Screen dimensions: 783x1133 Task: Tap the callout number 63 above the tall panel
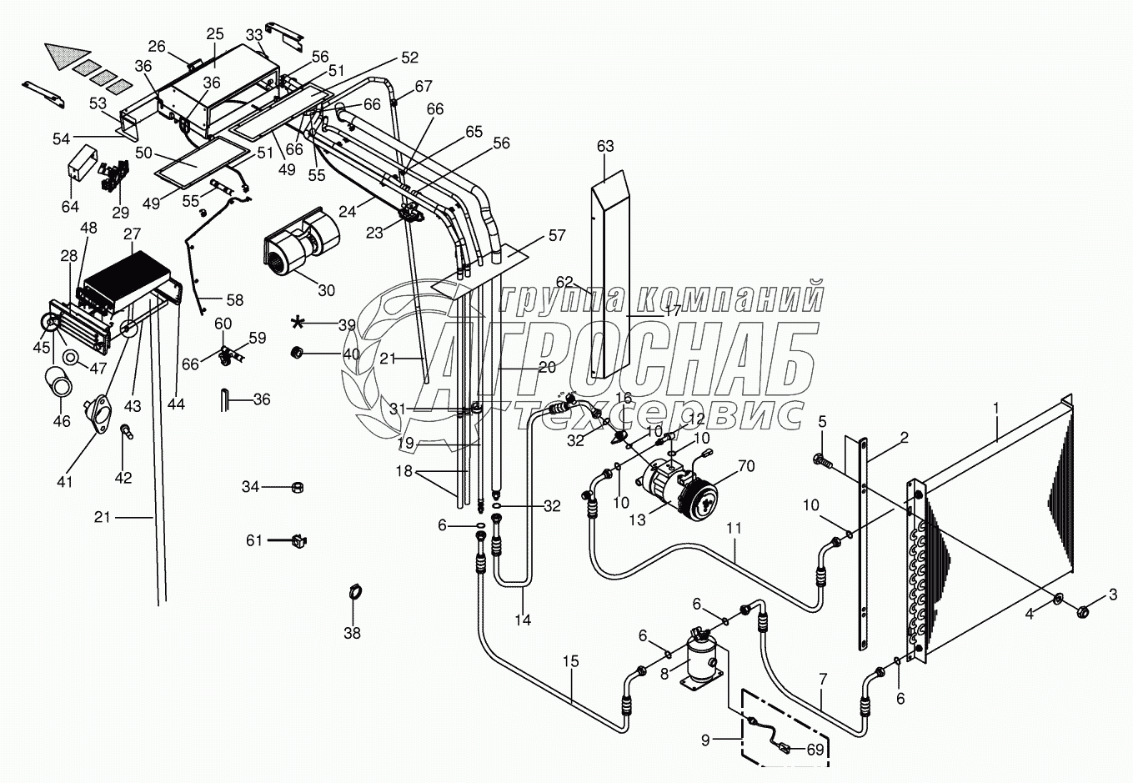[x=604, y=147]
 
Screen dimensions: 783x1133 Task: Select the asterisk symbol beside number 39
[x=298, y=323]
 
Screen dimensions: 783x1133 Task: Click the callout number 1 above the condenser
[x=995, y=409]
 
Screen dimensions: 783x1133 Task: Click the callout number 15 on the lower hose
[x=571, y=661]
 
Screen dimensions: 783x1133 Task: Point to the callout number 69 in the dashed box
[x=815, y=750]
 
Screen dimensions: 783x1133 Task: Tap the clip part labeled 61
[x=296, y=541]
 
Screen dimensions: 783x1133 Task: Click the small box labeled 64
[x=80, y=165]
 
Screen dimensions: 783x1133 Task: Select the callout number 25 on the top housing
[x=215, y=34]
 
